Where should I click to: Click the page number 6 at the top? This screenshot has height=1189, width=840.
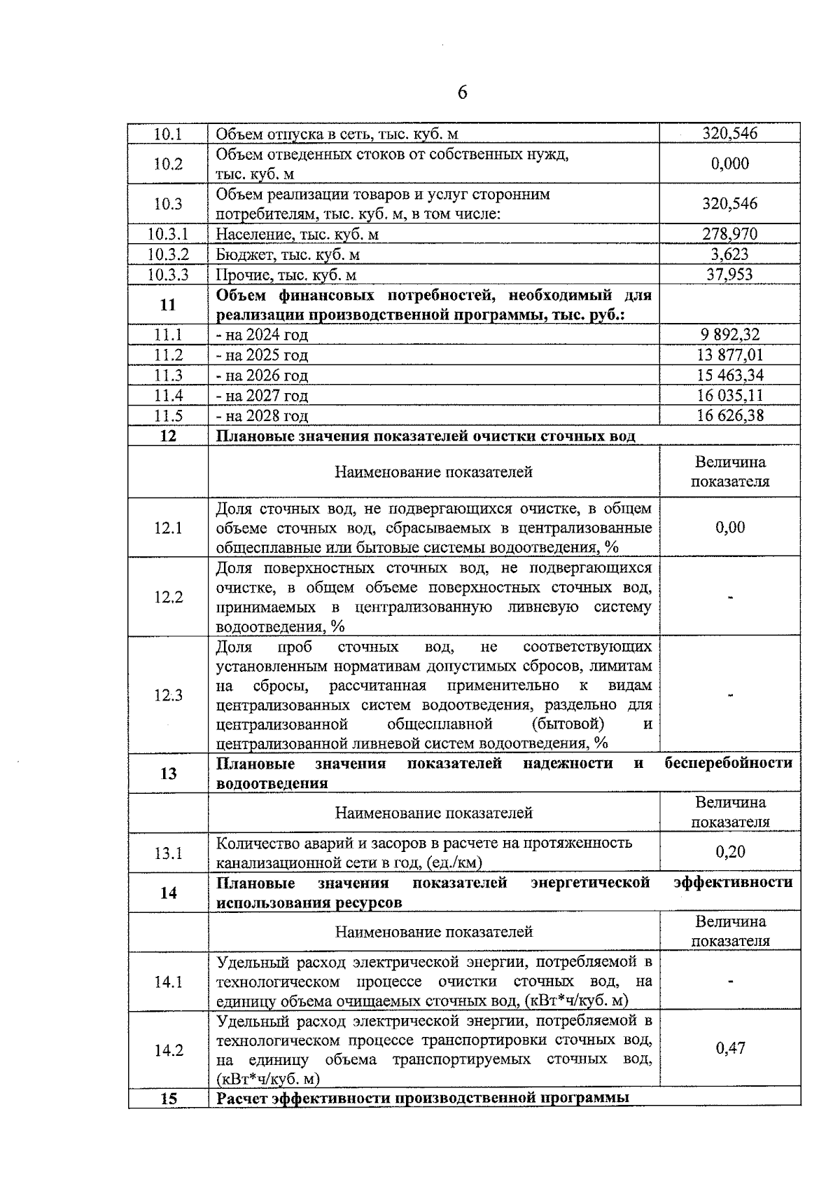pos(462,93)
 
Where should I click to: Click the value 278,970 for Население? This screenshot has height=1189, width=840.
pos(729,234)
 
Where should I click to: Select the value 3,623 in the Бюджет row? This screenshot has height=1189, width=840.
pos(729,254)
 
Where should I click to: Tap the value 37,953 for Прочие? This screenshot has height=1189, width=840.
pos(729,275)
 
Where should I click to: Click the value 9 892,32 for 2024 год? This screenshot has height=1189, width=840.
pos(729,335)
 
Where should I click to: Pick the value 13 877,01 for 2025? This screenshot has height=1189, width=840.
pos(729,355)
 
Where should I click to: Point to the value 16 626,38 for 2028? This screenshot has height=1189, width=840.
pos(729,416)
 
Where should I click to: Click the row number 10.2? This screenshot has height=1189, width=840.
pos(168,164)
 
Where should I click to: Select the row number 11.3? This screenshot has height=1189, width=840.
pos(168,376)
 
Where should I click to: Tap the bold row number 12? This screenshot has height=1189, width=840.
pos(168,437)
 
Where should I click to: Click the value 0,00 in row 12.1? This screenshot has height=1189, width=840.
pos(729,528)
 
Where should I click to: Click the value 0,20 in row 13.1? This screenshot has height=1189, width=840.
pos(729,852)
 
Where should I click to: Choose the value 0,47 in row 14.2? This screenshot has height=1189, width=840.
pos(729,1048)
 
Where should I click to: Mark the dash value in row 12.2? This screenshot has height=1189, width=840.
pos(730,598)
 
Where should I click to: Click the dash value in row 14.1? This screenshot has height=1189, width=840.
pos(730,982)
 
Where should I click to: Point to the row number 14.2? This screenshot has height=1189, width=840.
pos(168,1050)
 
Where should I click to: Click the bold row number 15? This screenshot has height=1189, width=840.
pos(168,1099)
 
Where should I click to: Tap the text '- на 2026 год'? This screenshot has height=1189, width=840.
pos(262,376)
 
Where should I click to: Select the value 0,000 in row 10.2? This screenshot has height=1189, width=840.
pos(729,164)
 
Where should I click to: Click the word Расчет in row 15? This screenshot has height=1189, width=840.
pos(242,1099)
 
